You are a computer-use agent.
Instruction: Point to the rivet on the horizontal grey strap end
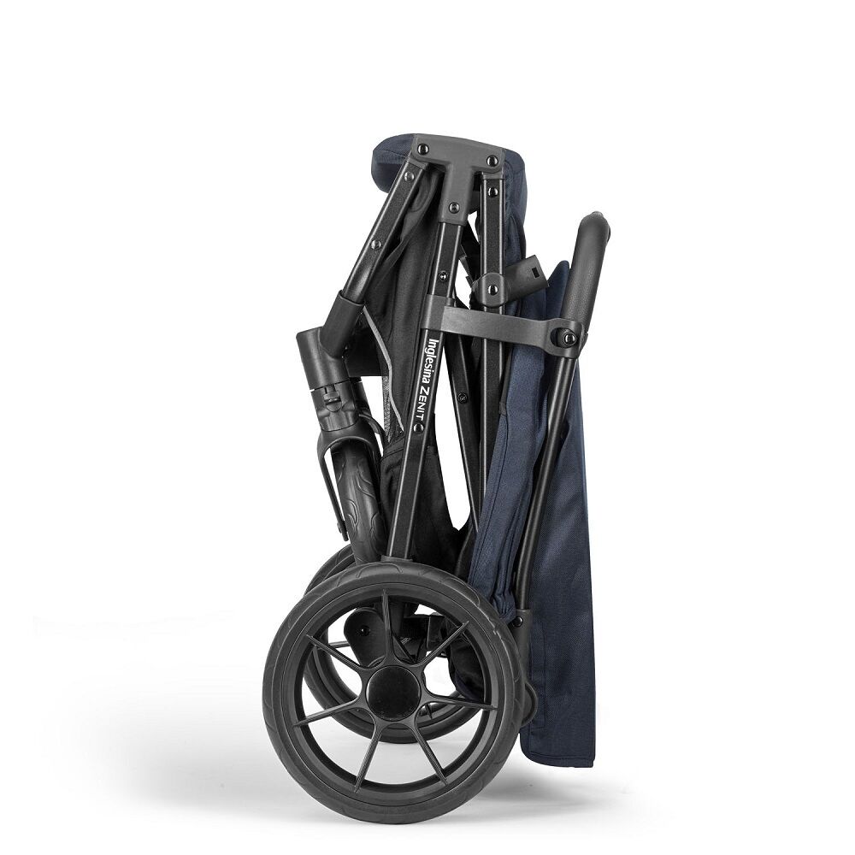(x=568, y=338)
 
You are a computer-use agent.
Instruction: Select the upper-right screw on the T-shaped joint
(x=492, y=161)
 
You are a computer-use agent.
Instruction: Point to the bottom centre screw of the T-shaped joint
(x=452, y=207)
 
